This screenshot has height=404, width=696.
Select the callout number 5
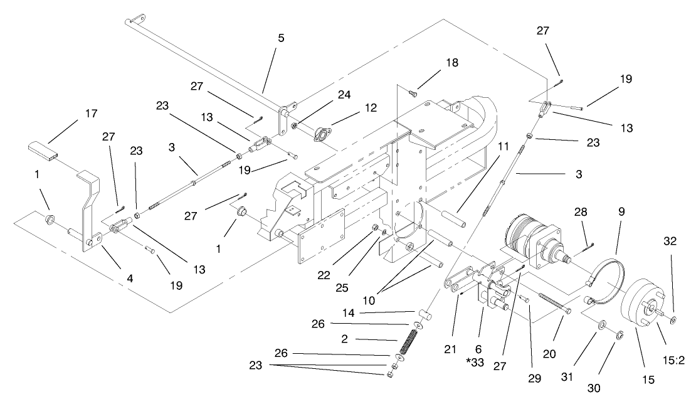[281, 38]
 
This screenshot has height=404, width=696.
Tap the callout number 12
[372, 108]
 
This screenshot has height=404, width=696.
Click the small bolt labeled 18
[413, 94]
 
